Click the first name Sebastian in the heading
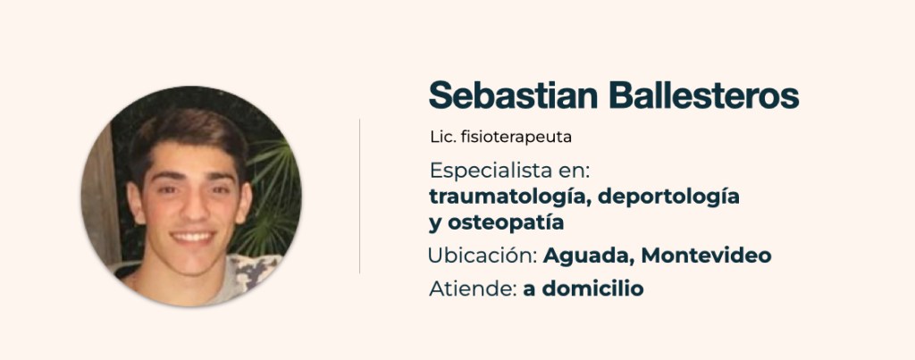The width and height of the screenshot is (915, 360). coord(513,95)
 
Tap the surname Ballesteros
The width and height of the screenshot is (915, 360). coord(704,95)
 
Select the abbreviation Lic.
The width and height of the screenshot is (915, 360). coord(442,137)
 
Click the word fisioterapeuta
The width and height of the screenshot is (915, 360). coord(516,138)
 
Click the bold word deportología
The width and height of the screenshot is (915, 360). coord(668,197)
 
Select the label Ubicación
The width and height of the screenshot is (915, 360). coord(483,255)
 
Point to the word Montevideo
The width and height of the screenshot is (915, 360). coord(706,255)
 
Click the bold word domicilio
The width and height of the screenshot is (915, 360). coord(593,289)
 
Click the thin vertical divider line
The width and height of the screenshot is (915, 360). coord(359,196)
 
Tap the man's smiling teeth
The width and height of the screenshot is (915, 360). coord(193,237)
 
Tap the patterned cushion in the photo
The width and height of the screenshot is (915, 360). coord(253,271)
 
